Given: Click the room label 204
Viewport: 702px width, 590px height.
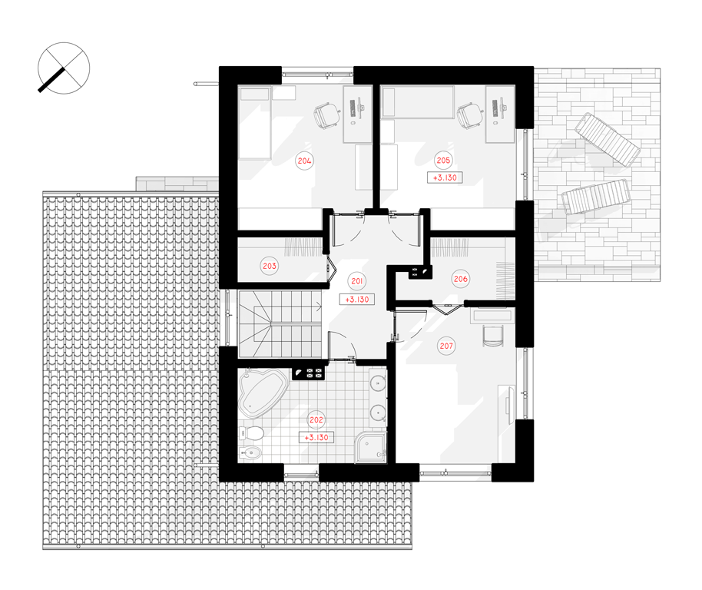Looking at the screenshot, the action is [304, 161].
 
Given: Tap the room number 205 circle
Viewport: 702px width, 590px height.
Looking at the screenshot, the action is [443, 161].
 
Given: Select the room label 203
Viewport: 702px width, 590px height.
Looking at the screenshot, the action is [270, 266].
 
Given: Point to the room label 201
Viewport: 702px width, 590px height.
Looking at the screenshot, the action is [357, 281].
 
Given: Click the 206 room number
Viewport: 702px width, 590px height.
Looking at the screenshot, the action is [461, 279].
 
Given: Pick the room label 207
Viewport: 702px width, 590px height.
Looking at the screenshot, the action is [446, 346].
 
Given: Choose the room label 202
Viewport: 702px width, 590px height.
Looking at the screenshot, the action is [316, 420].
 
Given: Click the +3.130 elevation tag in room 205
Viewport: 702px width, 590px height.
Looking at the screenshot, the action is [445, 177].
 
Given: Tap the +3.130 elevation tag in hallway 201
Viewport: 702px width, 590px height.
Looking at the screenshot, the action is [357, 300].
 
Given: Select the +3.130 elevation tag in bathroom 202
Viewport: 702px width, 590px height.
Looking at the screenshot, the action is [316, 437].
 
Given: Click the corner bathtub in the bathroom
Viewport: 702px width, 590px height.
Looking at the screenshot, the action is [261, 392].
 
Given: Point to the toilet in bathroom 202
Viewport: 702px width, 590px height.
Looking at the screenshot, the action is [252, 433].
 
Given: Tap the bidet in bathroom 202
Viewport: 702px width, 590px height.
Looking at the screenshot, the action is [250, 454].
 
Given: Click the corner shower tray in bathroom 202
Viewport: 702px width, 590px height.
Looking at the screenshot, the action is [369, 447].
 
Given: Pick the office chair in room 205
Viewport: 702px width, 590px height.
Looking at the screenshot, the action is [469, 116].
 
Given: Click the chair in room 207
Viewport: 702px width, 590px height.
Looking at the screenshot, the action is [493, 336].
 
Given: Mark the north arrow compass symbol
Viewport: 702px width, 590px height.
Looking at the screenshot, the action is [64, 68].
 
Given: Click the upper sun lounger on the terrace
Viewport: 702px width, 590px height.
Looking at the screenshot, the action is [607, 139].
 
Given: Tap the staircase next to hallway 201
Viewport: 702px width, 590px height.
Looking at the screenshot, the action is [280, 324].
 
